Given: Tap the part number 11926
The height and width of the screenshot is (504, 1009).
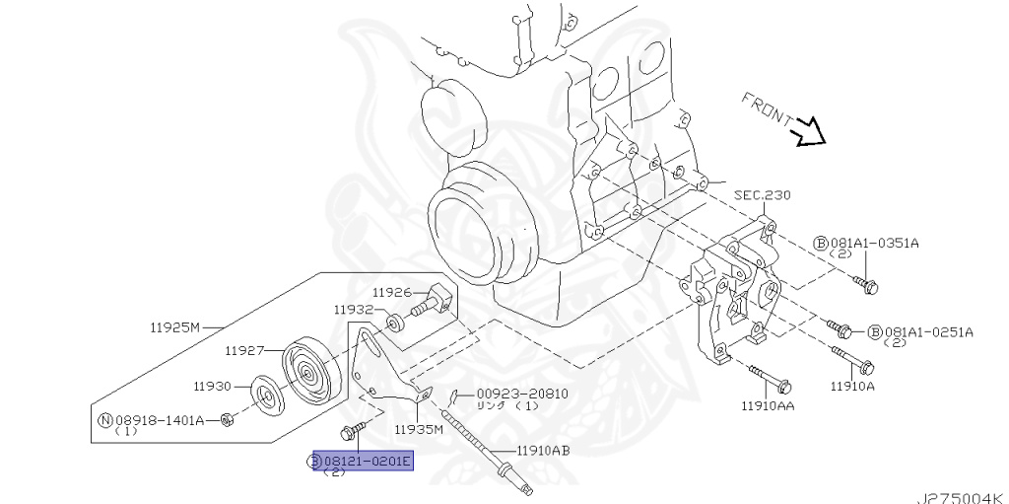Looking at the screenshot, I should tap(392, 292).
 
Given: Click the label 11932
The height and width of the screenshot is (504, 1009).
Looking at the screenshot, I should tap(354, 309).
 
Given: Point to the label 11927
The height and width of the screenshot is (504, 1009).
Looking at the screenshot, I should tap(245, 349).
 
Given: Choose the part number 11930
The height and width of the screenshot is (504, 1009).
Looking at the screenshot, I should tap(212, 387).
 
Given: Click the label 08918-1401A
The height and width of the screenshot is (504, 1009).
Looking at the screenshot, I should tap(159, 420).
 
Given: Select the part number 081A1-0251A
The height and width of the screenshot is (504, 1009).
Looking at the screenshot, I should tap(927, 331).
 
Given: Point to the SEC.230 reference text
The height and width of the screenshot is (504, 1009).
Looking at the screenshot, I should tap(762, 195).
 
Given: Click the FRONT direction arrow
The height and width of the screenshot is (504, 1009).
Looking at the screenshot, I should tap(810, 130).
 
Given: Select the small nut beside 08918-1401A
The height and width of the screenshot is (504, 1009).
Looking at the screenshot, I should tap(227, 422).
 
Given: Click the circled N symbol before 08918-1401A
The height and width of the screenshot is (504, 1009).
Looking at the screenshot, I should tap(106, 420).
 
